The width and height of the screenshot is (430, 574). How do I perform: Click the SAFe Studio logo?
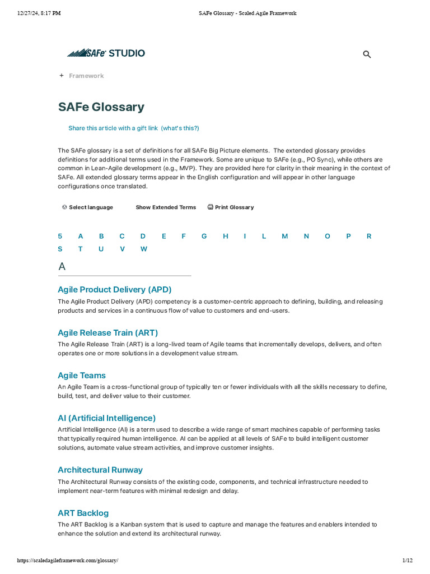click(106, 53)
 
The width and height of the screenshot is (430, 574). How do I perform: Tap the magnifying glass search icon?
click(367, 54)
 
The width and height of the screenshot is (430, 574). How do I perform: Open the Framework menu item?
click(86, 76)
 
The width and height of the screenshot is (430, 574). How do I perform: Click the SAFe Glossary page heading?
click(101, 107)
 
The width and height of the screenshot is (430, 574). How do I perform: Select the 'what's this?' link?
click(180, 128)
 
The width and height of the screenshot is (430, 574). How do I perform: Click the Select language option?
click(90, 207)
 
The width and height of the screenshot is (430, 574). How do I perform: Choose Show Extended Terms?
click(166, 207)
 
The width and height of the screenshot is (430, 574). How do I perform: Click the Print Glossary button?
click(233, 207)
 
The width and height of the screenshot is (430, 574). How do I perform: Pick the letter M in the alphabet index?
click(284, 236)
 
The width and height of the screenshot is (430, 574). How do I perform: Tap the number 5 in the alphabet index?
click(60, 236)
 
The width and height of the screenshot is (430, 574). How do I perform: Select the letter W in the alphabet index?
click(144, 249)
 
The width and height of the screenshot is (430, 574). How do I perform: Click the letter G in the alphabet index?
click(204, 236)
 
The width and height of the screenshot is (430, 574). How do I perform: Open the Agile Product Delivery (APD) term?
click(114, 290)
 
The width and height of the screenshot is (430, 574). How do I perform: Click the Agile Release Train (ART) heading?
click(107, 332)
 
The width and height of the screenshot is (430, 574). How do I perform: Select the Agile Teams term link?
click(82, 376)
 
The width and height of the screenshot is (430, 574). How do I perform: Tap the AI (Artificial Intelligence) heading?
click(106, 418)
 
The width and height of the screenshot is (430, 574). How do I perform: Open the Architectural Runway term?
click(100, 470)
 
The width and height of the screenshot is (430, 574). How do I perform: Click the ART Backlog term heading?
click(83, 513)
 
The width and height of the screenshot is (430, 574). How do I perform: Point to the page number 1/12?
click(407, 561)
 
